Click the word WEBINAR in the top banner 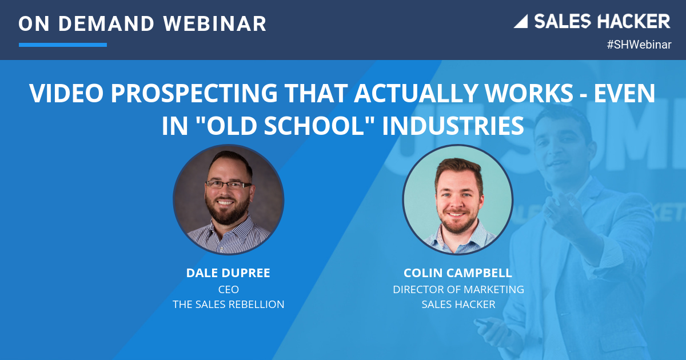click(x=215, y=23)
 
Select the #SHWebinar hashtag click(x=639, y=45)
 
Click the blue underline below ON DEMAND click(x=63, y=45)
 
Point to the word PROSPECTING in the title click(x=194, y=93)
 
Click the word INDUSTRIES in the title click(x=453, y=125)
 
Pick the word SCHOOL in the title click(x=316, y=125)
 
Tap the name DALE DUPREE click(x=228, y=273)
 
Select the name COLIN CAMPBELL click(x=458, y=273)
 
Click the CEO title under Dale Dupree click(x=229, y=289)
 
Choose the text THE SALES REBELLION click(x=229, y=304)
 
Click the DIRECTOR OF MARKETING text click(x=458, y=289)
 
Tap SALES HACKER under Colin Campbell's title click(x=458, y=304)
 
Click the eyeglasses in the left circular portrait click(x=229, y=184)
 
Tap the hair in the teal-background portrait click(x=458, y=170)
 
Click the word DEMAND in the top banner click(x=106, y=24)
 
